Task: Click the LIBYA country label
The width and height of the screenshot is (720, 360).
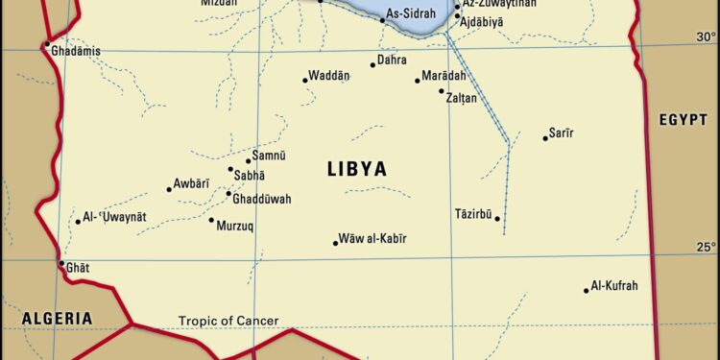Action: click(x=357, y=170)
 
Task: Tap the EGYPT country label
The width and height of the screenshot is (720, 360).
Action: click(x=683, y=119)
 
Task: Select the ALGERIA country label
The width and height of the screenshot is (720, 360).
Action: click(x=58, y=318)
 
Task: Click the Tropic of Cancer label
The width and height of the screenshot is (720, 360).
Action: click(x=228, y=321)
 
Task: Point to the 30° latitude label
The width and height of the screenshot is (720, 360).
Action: click(x=706, y=36)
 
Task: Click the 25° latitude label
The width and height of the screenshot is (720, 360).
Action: click(x=706, y=247)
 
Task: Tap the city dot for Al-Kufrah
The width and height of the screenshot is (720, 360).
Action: click(x=587, y=290)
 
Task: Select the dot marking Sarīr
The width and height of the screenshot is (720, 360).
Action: click(x=545, y=138)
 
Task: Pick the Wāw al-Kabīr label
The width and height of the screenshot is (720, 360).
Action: click(x=372, y=237)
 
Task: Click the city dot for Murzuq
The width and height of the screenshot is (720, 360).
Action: click(x=211, y=220)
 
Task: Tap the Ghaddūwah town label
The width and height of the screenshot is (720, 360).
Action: click(x=262, y=199)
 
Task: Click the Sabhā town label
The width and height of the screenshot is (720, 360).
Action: click(x=249, y=175)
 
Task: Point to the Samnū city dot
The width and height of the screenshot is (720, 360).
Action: click(x=249, y=160)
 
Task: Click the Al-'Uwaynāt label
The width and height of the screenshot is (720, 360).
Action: click(x=115, y=217)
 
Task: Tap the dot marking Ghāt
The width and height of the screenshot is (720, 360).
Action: click(x=61, y=263)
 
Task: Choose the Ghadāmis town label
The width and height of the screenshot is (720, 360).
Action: click(x=76, y=51)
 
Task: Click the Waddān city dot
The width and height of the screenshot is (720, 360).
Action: click(x=305, y=80)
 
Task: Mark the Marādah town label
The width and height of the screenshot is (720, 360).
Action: click(x=444, y=77)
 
